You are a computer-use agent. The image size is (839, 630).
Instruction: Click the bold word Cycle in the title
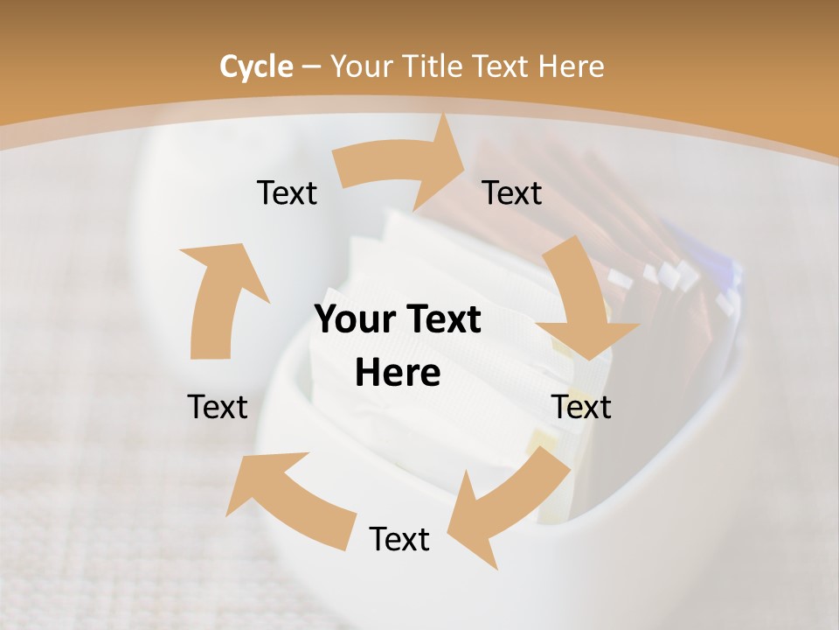pyautogui.click(x=256, y=66)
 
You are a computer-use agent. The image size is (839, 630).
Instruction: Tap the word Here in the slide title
pyautogui.click(x=569, y=66)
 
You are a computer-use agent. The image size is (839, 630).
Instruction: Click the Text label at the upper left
pyautogui.click(x=287, y=192)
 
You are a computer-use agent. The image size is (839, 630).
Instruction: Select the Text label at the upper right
pyautogui.click(x=512, y=192)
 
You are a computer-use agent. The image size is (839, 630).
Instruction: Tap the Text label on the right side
pyautogui.click(x=581, y=407)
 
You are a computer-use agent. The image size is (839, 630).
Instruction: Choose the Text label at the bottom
pyautogui.click(x=399, y=539)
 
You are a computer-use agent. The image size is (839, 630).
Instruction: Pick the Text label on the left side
pyautogui.click(x=218, y=407)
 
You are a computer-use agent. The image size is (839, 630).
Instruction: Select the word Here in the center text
pyautogui.click(x=398, y=374)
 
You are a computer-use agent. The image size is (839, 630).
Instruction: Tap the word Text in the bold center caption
pyautogui.click(x=440, y=320)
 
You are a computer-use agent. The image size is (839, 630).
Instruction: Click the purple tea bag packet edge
pyautogui.click(x=704, y=254)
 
